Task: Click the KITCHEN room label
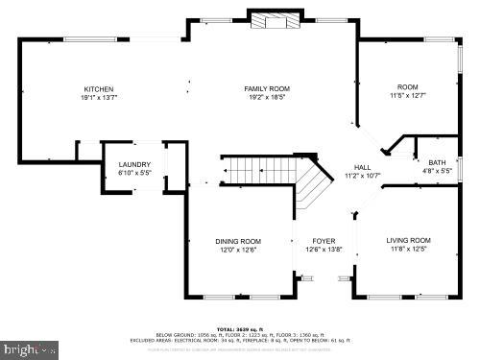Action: click(98, 88)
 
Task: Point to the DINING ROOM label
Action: click(238, 241)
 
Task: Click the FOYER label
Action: click(324, 241)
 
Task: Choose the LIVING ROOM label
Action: click(408, 240)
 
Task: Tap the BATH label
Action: click(437, 162)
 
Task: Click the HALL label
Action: click(362, 167)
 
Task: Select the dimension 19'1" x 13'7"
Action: click(98, 96)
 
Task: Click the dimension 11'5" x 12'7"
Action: click(407, 96)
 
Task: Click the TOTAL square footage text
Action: click(240, 326)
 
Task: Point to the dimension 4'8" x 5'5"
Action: click(437, 170)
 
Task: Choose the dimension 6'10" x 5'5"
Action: click(133, 174)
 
